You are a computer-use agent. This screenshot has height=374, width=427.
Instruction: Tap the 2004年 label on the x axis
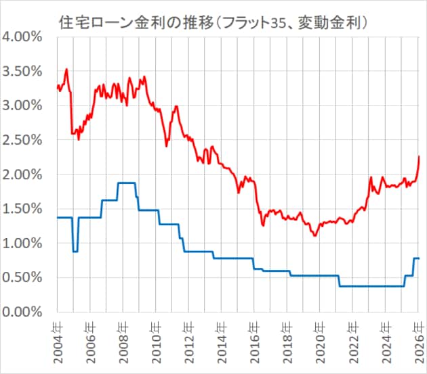(x=58, y=338)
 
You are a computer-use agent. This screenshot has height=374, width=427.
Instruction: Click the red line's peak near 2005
(x=66, y=69)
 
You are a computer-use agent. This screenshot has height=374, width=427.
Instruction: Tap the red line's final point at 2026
(x=419, y=157)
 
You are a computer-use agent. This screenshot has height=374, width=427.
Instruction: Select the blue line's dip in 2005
(x=75, y=251)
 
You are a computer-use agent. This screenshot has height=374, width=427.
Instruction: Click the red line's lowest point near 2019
(x=315, y=235)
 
